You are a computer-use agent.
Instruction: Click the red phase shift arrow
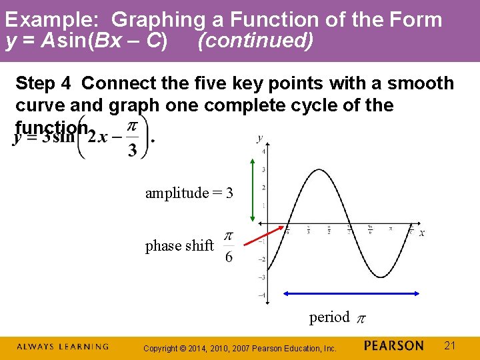tap(261, 239)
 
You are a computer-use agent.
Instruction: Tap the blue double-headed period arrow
tap(351, 293)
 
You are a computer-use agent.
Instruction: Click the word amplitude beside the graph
tap(177, 193)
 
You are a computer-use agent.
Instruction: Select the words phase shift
tap(179, 246)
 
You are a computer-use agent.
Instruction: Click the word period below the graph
tap(329, 317)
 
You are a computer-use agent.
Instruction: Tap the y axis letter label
tap(259, 139)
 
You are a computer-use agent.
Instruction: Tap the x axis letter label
tap(421, 233)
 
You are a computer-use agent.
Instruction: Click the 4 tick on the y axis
tap(264, 152)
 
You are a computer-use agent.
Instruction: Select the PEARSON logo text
tap(394, 346)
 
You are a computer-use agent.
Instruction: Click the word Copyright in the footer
tap(161, 348)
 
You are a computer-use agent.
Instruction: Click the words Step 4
tap(44, 84)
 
